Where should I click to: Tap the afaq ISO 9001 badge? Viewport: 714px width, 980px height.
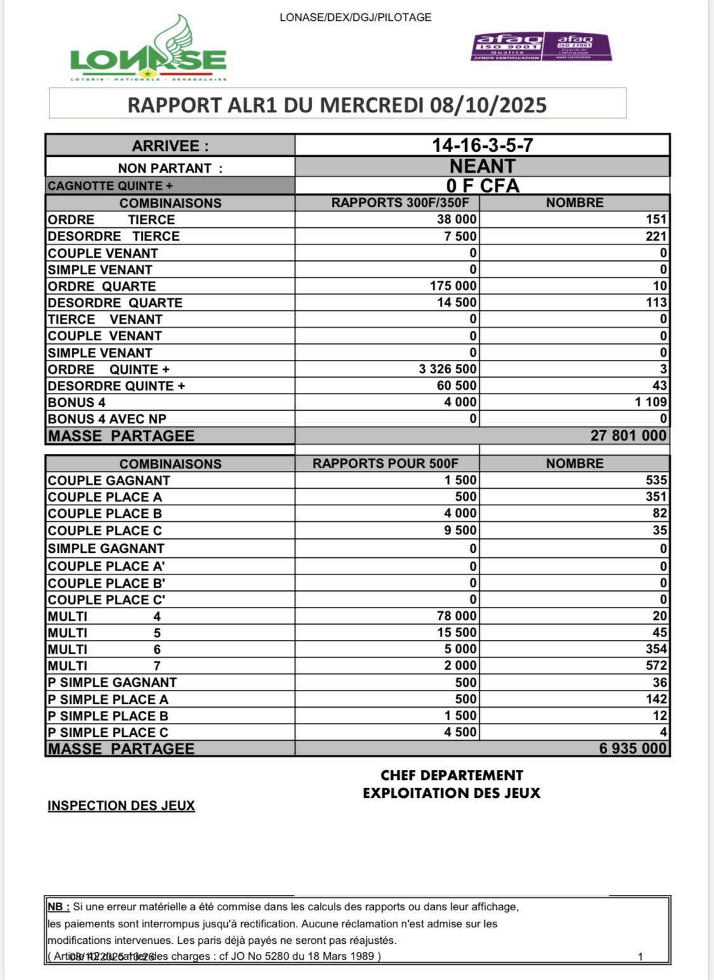click(x=506, y=47)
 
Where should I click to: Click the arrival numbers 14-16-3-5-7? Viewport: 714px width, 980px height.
click(x=482, y=145)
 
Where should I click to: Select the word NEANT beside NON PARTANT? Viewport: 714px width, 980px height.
click(x=482, y=166)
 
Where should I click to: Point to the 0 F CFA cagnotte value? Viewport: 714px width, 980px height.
click(x=482, y=186)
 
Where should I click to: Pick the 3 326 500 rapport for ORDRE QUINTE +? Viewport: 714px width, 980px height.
click(x=447, y=369)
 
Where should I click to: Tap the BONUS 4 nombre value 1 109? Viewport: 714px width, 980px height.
click(x=651, y=402)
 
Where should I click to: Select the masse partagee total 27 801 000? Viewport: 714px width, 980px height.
click(x=628, y=436)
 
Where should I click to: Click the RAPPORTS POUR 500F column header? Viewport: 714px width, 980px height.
click(x=385, y=464)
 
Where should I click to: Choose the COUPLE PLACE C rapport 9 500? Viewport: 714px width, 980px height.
click(x=460, y=531)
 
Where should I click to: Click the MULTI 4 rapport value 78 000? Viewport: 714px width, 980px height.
click(x=456, y=616)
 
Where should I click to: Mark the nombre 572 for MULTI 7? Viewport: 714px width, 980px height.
click(x=656, y=666)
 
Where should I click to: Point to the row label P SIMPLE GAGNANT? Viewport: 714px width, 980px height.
click(x=112, y=683)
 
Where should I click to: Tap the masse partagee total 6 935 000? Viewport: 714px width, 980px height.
click(x=633, y=749)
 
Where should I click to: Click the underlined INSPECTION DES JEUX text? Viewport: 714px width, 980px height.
click(x=121, y=806)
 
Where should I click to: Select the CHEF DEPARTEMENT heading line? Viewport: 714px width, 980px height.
click(x=451, y=776)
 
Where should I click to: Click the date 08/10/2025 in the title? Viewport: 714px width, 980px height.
click(x=488, y=105)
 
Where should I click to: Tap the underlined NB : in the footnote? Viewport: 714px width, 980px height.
click(x=58, y=907)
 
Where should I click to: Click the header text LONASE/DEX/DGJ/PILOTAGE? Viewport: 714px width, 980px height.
click(x=355, y=18)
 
